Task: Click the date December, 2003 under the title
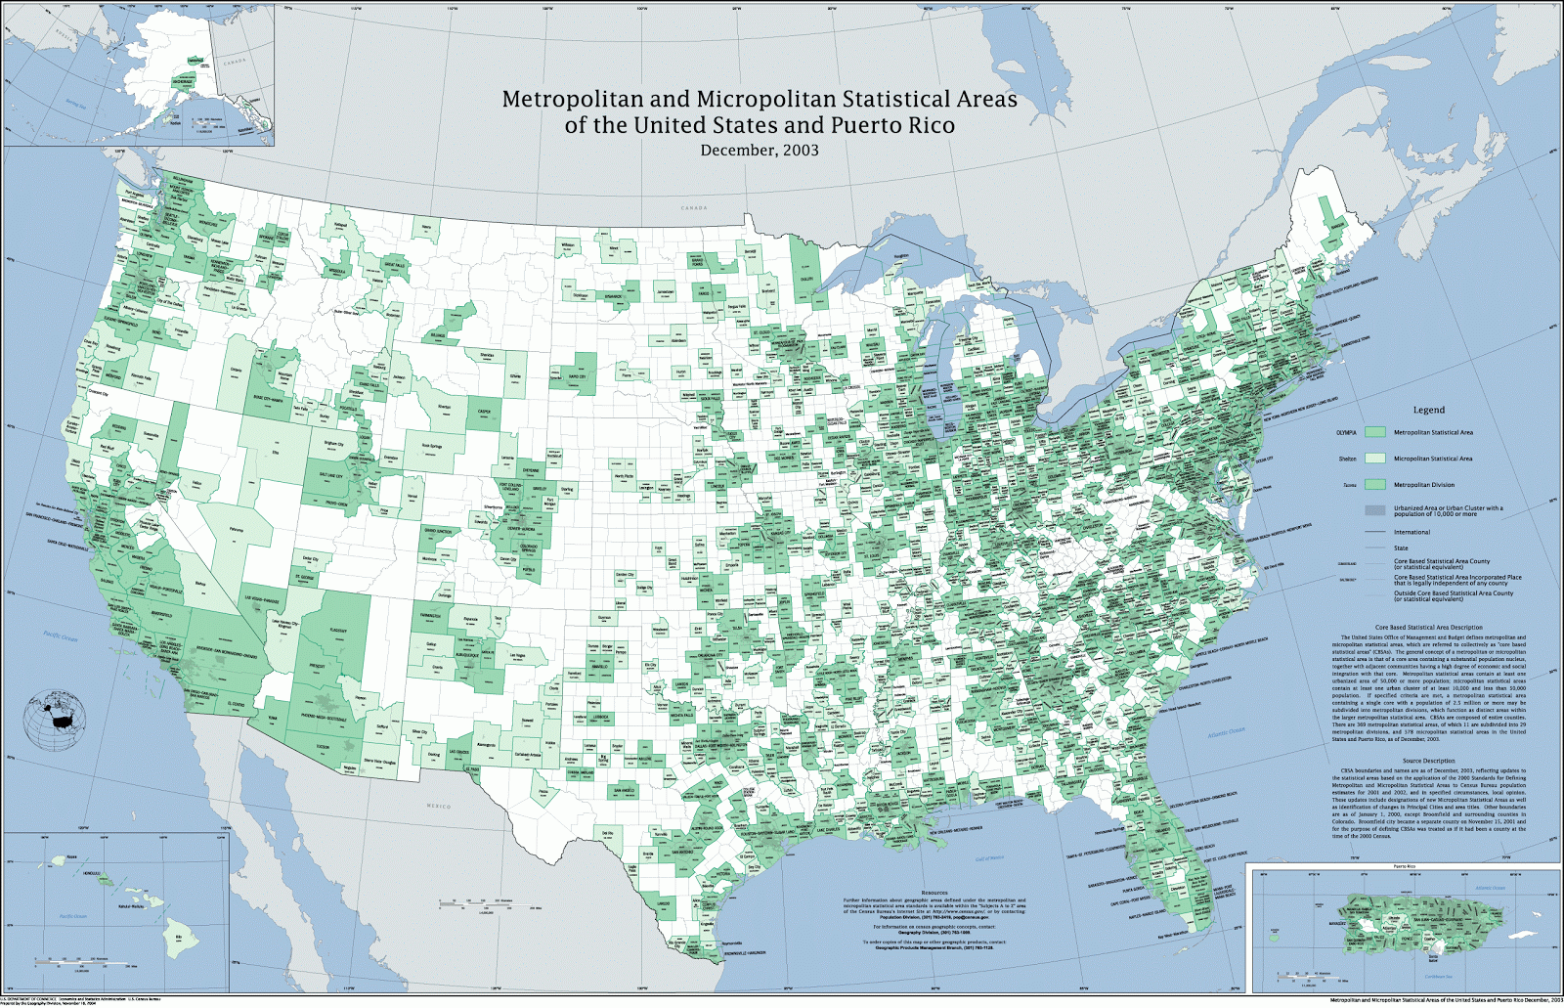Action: coord(759,151)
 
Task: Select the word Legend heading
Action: coord(1428,411)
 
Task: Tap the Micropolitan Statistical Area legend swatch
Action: coord(1375,458)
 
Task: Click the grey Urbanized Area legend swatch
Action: coord(1375,510)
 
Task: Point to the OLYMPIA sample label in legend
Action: coord(1346,432)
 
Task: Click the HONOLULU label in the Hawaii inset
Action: coord(92,872)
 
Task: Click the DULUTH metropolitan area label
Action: coord(805,279)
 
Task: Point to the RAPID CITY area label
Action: coord(576,376)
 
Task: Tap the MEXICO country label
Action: coord(439,806)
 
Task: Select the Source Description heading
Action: coord(1428,761)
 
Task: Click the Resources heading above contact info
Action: coord(934,893)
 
